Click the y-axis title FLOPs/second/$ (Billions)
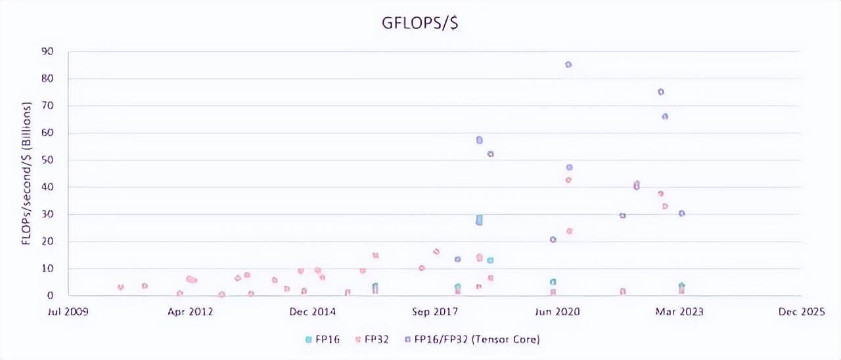[27, 173]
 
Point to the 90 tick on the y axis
[48, 51]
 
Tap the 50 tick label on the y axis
[48, 160]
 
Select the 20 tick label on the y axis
[48, 241]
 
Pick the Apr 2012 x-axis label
[190, 312]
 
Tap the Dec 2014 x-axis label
[313, 312]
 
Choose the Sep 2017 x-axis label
[435, 312]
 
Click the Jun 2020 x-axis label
[558, 312]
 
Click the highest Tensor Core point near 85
[568, 64]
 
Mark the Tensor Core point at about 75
[661, 92]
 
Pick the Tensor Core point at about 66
[665, 116]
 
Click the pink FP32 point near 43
[568, 179]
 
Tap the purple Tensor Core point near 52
[490, 154]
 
